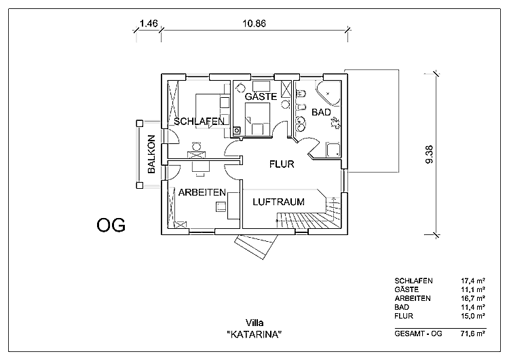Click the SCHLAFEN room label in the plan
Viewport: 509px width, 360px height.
(199, 122)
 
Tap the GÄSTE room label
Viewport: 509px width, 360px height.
(261, 97)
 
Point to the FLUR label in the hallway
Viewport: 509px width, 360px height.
(282, 164)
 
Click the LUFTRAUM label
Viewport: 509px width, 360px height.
(278, 202)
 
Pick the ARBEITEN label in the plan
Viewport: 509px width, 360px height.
(202, 193)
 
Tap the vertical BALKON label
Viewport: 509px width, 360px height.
(151, 156)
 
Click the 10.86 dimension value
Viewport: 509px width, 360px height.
(254, 23)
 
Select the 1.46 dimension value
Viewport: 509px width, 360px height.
(148, 23)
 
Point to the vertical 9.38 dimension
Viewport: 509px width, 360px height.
(429, 155)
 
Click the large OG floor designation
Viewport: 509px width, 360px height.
(111, 226)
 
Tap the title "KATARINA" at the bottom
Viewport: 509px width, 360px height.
(254, 335)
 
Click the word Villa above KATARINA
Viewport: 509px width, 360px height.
(254, 323)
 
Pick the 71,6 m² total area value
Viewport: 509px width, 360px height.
(472, 334)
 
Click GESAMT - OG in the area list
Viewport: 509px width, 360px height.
(417, 334)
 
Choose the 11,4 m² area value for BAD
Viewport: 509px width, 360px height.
(472, 307)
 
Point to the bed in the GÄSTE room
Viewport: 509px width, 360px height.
(258, 123)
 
